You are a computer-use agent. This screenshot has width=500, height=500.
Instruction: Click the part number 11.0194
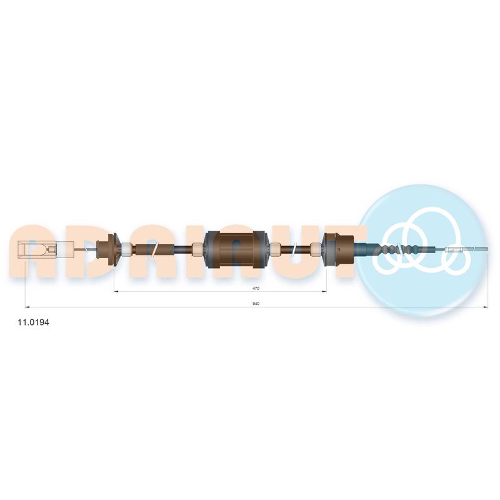(33, 322)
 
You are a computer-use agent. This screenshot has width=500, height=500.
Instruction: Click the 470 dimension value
(256, 288)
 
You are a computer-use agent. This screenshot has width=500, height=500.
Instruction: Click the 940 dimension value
(256, 304)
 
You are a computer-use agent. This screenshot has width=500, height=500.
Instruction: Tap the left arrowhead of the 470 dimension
(116, 291)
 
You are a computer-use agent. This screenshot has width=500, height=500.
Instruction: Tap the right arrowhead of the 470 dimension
(324, 291)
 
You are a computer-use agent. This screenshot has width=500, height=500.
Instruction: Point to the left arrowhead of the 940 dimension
(27, 307)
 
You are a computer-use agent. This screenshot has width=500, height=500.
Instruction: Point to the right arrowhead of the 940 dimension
(486, 307)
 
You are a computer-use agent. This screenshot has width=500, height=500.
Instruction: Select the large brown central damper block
(236, 249)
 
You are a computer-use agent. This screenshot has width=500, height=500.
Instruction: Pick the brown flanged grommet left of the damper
(110, 249)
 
